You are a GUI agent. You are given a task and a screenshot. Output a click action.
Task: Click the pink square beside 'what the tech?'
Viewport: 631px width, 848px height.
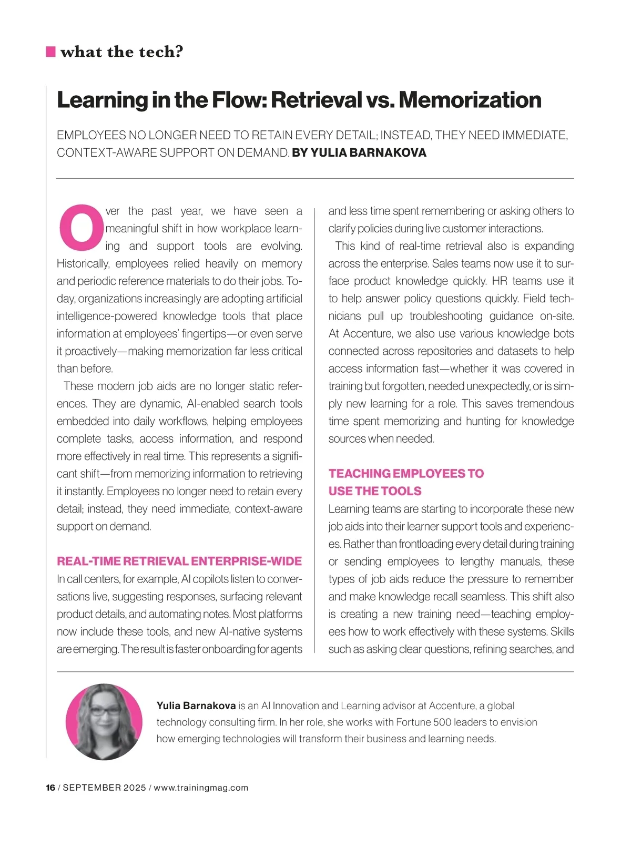click(x=51, y=52)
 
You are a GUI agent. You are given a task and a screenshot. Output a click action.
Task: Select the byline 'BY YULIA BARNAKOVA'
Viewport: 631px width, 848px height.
click(x=359, y=153)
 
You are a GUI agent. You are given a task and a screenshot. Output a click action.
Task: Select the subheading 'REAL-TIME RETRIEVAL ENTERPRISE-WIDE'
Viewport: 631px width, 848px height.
click(x=179, y=561)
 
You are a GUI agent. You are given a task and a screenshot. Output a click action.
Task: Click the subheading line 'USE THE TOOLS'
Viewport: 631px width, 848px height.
click(x=375, y=491)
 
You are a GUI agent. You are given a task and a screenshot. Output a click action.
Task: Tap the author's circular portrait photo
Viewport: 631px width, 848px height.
click(x=104, y=721)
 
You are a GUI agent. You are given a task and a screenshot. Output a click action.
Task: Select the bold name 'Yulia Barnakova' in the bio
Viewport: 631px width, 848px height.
click(x=196, y=706)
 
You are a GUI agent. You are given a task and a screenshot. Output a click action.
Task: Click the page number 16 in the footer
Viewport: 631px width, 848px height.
click(x=50, y=788)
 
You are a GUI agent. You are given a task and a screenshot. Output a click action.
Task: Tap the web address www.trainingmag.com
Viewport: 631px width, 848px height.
click(x=201, y=788)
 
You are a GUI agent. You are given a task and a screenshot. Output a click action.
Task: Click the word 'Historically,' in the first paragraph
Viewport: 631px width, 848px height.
click(x=84, y=263)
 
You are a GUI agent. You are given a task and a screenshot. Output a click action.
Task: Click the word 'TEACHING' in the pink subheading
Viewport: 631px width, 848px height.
click(x=360, y=473)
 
